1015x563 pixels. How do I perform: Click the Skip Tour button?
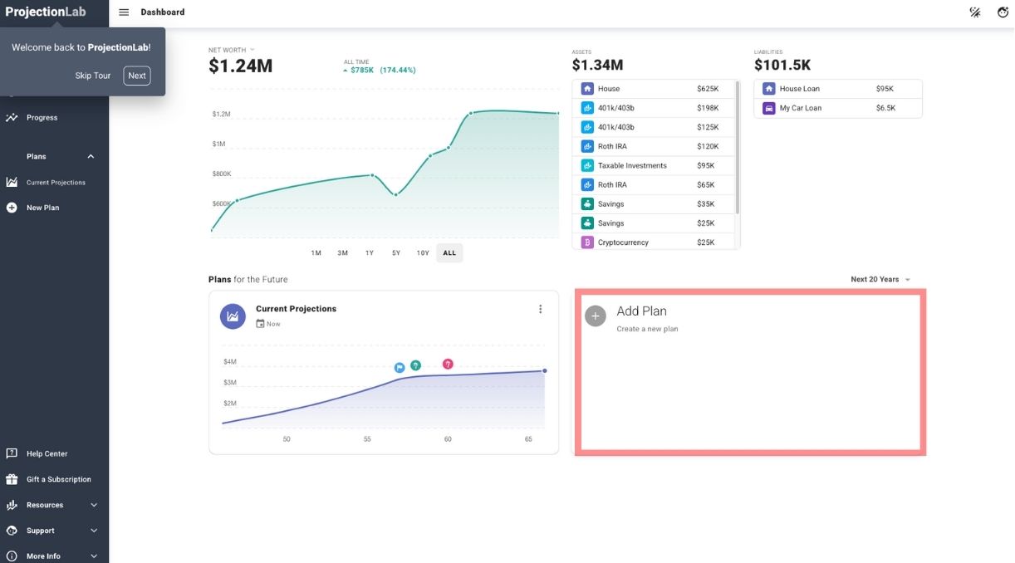point(93,76)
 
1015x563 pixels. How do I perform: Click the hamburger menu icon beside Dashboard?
point(124,12)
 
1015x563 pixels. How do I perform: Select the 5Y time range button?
point(396,252)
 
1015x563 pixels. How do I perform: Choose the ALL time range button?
point(449,252)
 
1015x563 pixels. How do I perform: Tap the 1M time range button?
point(316,252)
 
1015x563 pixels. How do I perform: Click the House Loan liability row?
point(837,89)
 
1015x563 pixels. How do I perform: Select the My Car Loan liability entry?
point(837,108)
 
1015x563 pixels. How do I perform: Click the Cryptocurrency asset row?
point(654,242)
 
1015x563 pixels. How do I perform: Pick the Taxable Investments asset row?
point(654,165)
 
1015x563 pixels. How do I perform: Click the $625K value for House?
point(708,89)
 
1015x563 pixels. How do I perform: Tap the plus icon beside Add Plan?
point(596,316)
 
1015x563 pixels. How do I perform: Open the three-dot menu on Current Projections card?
point(540,309)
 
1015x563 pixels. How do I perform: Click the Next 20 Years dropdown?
point(880,280)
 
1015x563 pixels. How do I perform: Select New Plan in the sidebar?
point(42,208)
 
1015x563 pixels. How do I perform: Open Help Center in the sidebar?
point(47,453)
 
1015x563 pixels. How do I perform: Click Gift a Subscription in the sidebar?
point(58,479)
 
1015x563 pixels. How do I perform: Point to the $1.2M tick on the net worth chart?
point(221,114)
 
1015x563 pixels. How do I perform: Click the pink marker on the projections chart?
point(448,364)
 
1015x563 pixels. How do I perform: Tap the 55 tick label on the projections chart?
point(367,439)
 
